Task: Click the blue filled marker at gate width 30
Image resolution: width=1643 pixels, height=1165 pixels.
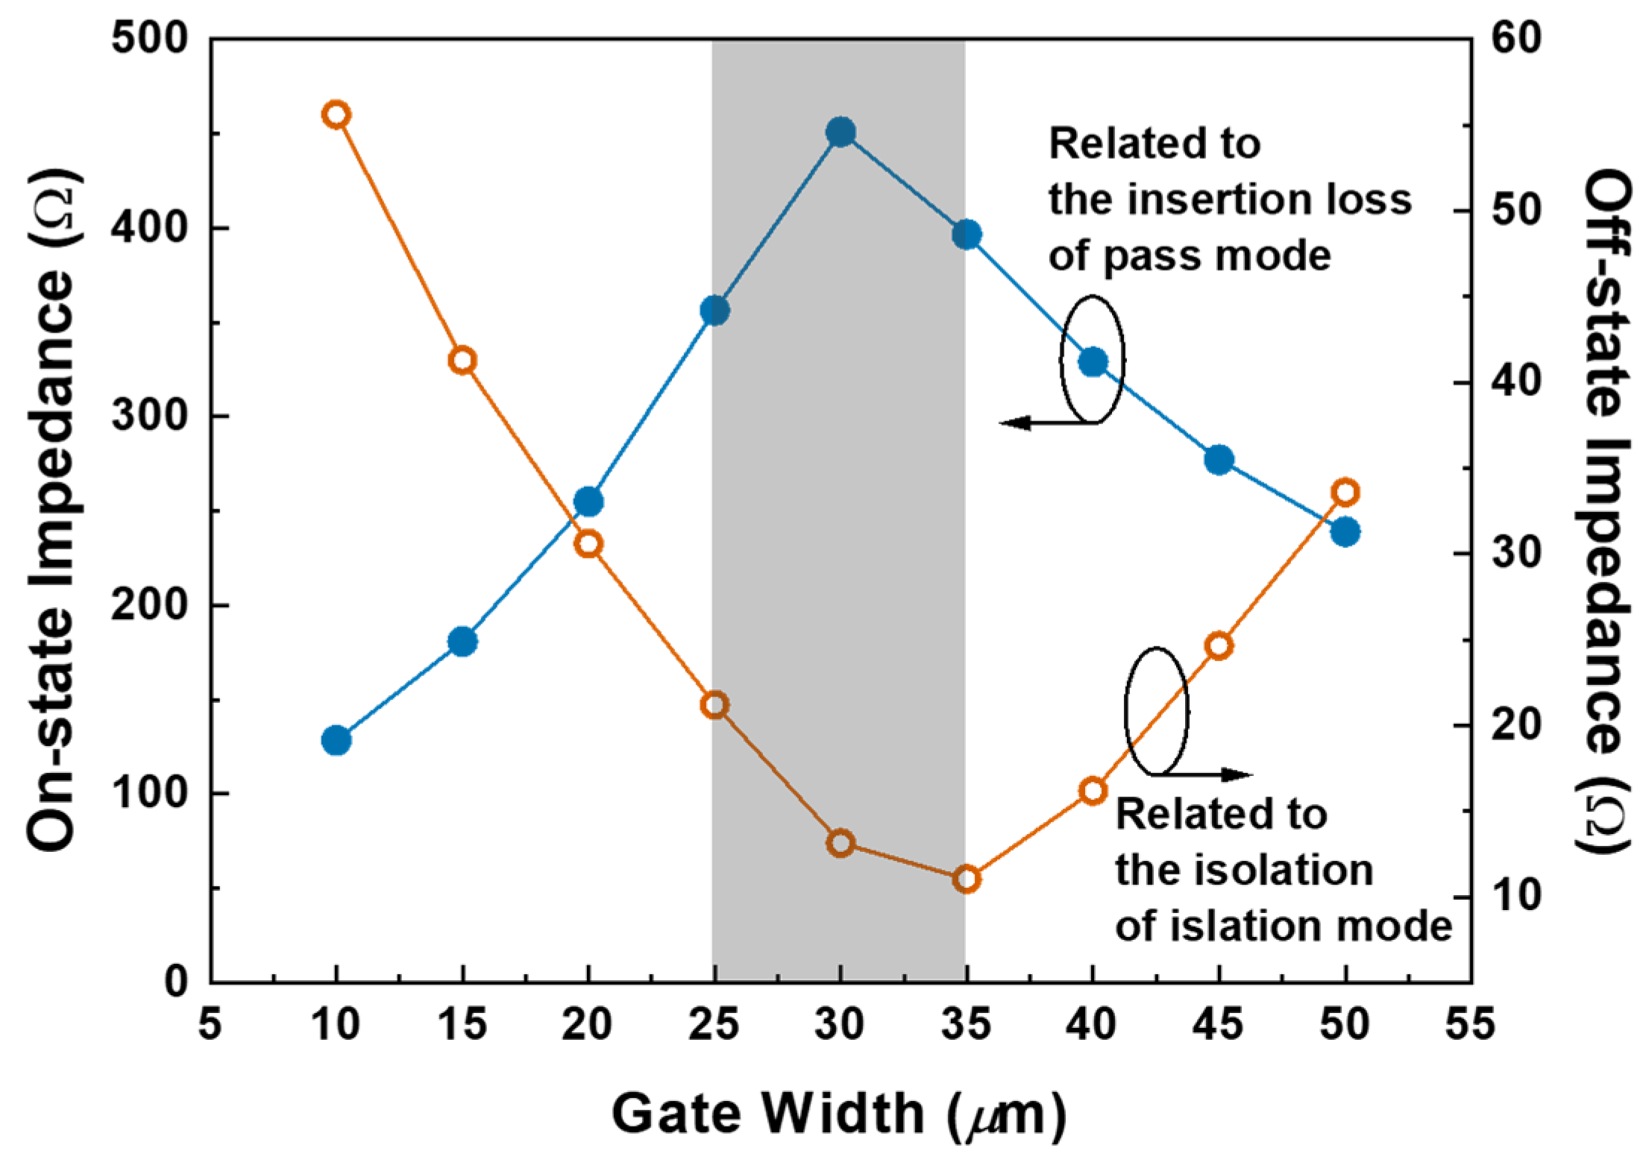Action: pos(841,133)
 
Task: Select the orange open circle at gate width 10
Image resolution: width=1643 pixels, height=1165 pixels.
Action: pos(336,115)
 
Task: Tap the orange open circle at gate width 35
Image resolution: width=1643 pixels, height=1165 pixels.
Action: pos(967,880)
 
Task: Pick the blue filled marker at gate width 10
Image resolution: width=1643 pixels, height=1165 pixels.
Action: pos(336,740)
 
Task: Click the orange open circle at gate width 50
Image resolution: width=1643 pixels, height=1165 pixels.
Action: pos(1345,493)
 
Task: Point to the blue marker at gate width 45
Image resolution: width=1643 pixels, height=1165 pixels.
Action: pos(1219,460)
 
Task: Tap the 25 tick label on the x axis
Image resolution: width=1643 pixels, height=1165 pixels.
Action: pos(714,1024)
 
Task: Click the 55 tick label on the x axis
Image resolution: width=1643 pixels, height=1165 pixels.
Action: pos(1470,1024)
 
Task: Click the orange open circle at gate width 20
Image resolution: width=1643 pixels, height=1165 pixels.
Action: pos(588,544)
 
